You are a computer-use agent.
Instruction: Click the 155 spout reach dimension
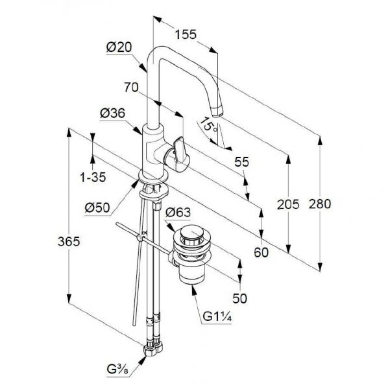click(x=186, y=34)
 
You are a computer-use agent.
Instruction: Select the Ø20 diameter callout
click(x=119, y=47)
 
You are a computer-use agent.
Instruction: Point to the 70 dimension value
click(x=131, y=88)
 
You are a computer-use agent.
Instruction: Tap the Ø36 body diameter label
click(x=112, y=113)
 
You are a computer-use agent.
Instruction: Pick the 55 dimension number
click(x=241, y=162)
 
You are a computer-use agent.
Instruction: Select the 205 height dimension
click(x=288, y=204)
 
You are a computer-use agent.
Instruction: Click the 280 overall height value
click(x=320, y=204)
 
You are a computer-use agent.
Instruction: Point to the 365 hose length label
click(x=69, y=241)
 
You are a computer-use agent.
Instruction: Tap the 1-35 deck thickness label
click(x=93, y=177)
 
